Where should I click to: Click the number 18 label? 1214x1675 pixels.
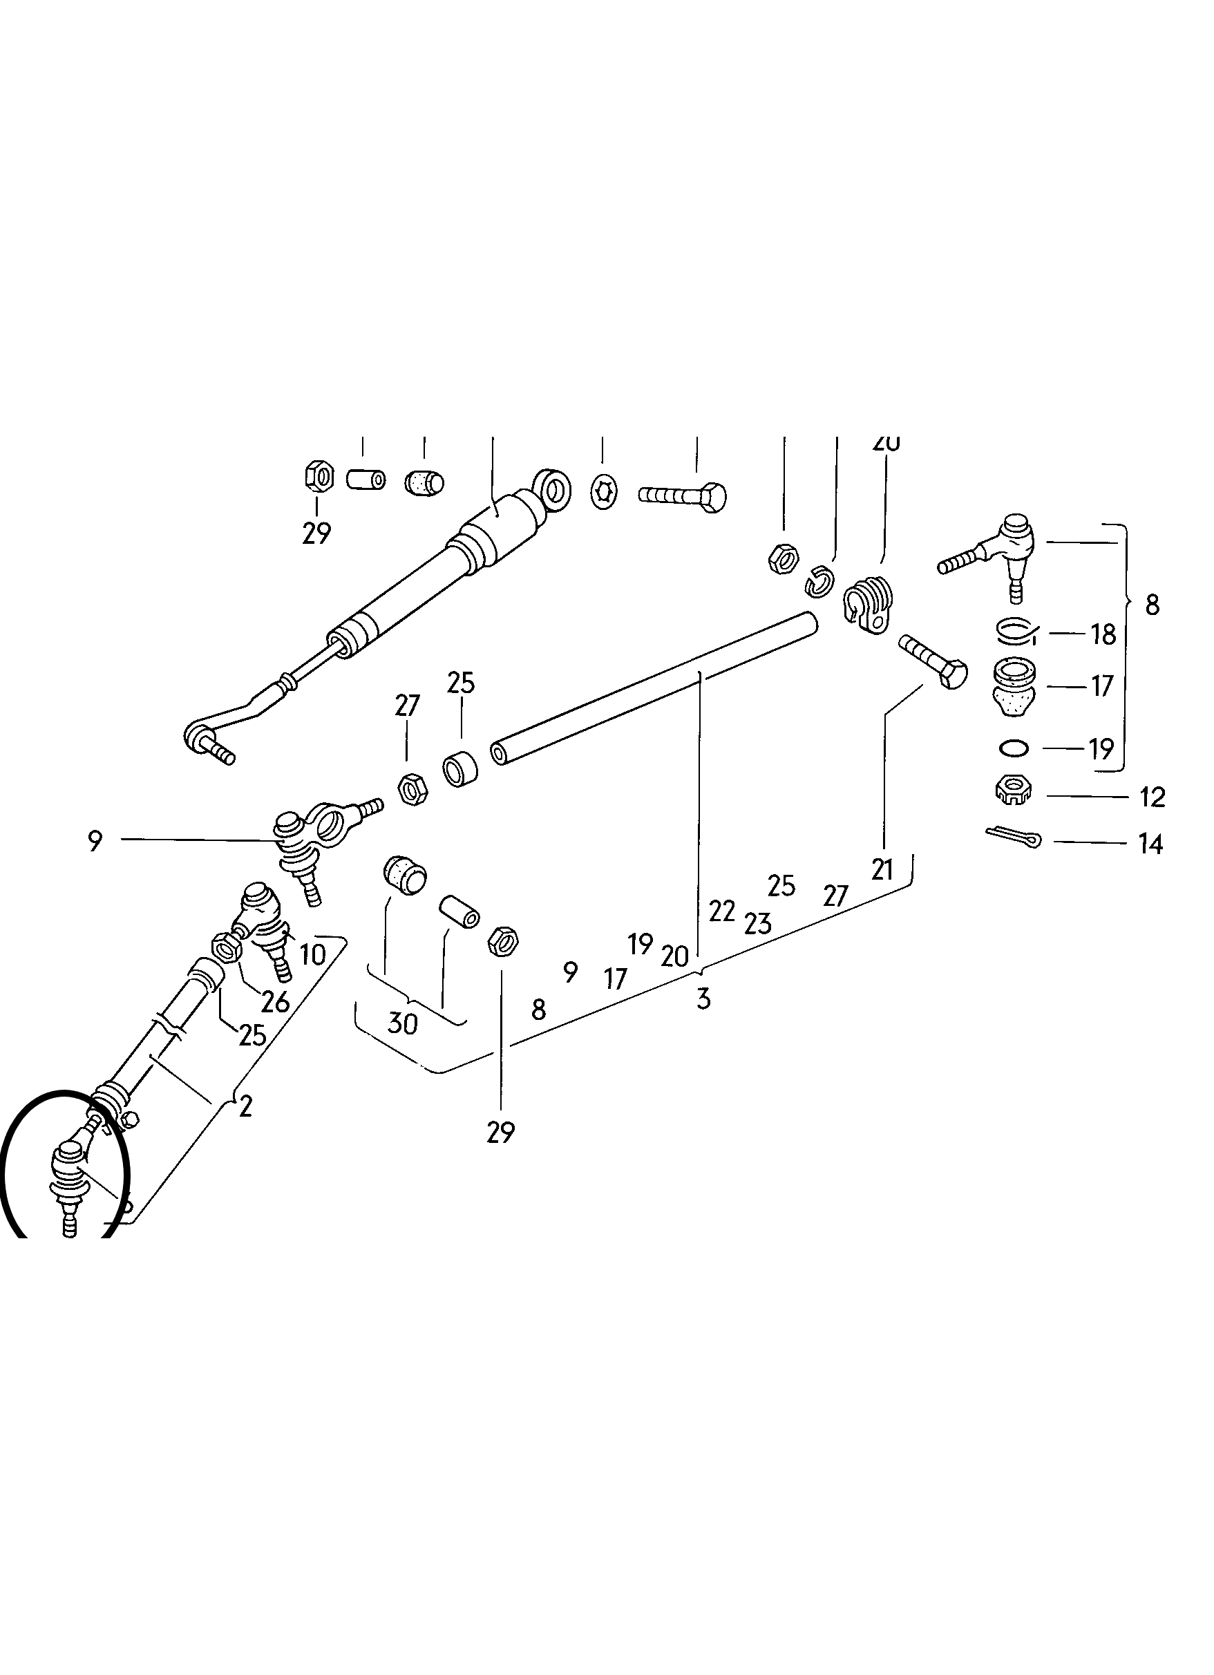pyautogui.click(x=1103, y=634)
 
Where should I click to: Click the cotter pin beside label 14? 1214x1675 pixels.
pyautogui.click(x=1012, y=837)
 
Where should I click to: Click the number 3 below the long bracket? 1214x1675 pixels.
pyautogui.click(x=703, y=999)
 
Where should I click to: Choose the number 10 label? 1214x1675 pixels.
pyautogui.click(x=312, y=955)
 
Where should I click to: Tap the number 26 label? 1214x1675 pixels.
pyautogui.click(x=276, y=1003)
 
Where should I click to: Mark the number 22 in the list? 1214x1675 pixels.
pyautogui.click(x=721, y=911)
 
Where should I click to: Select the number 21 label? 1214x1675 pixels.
pyautogui.click(x=882, y=870)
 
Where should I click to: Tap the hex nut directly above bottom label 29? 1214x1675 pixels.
pyautogui.click(x=503, y=941)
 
